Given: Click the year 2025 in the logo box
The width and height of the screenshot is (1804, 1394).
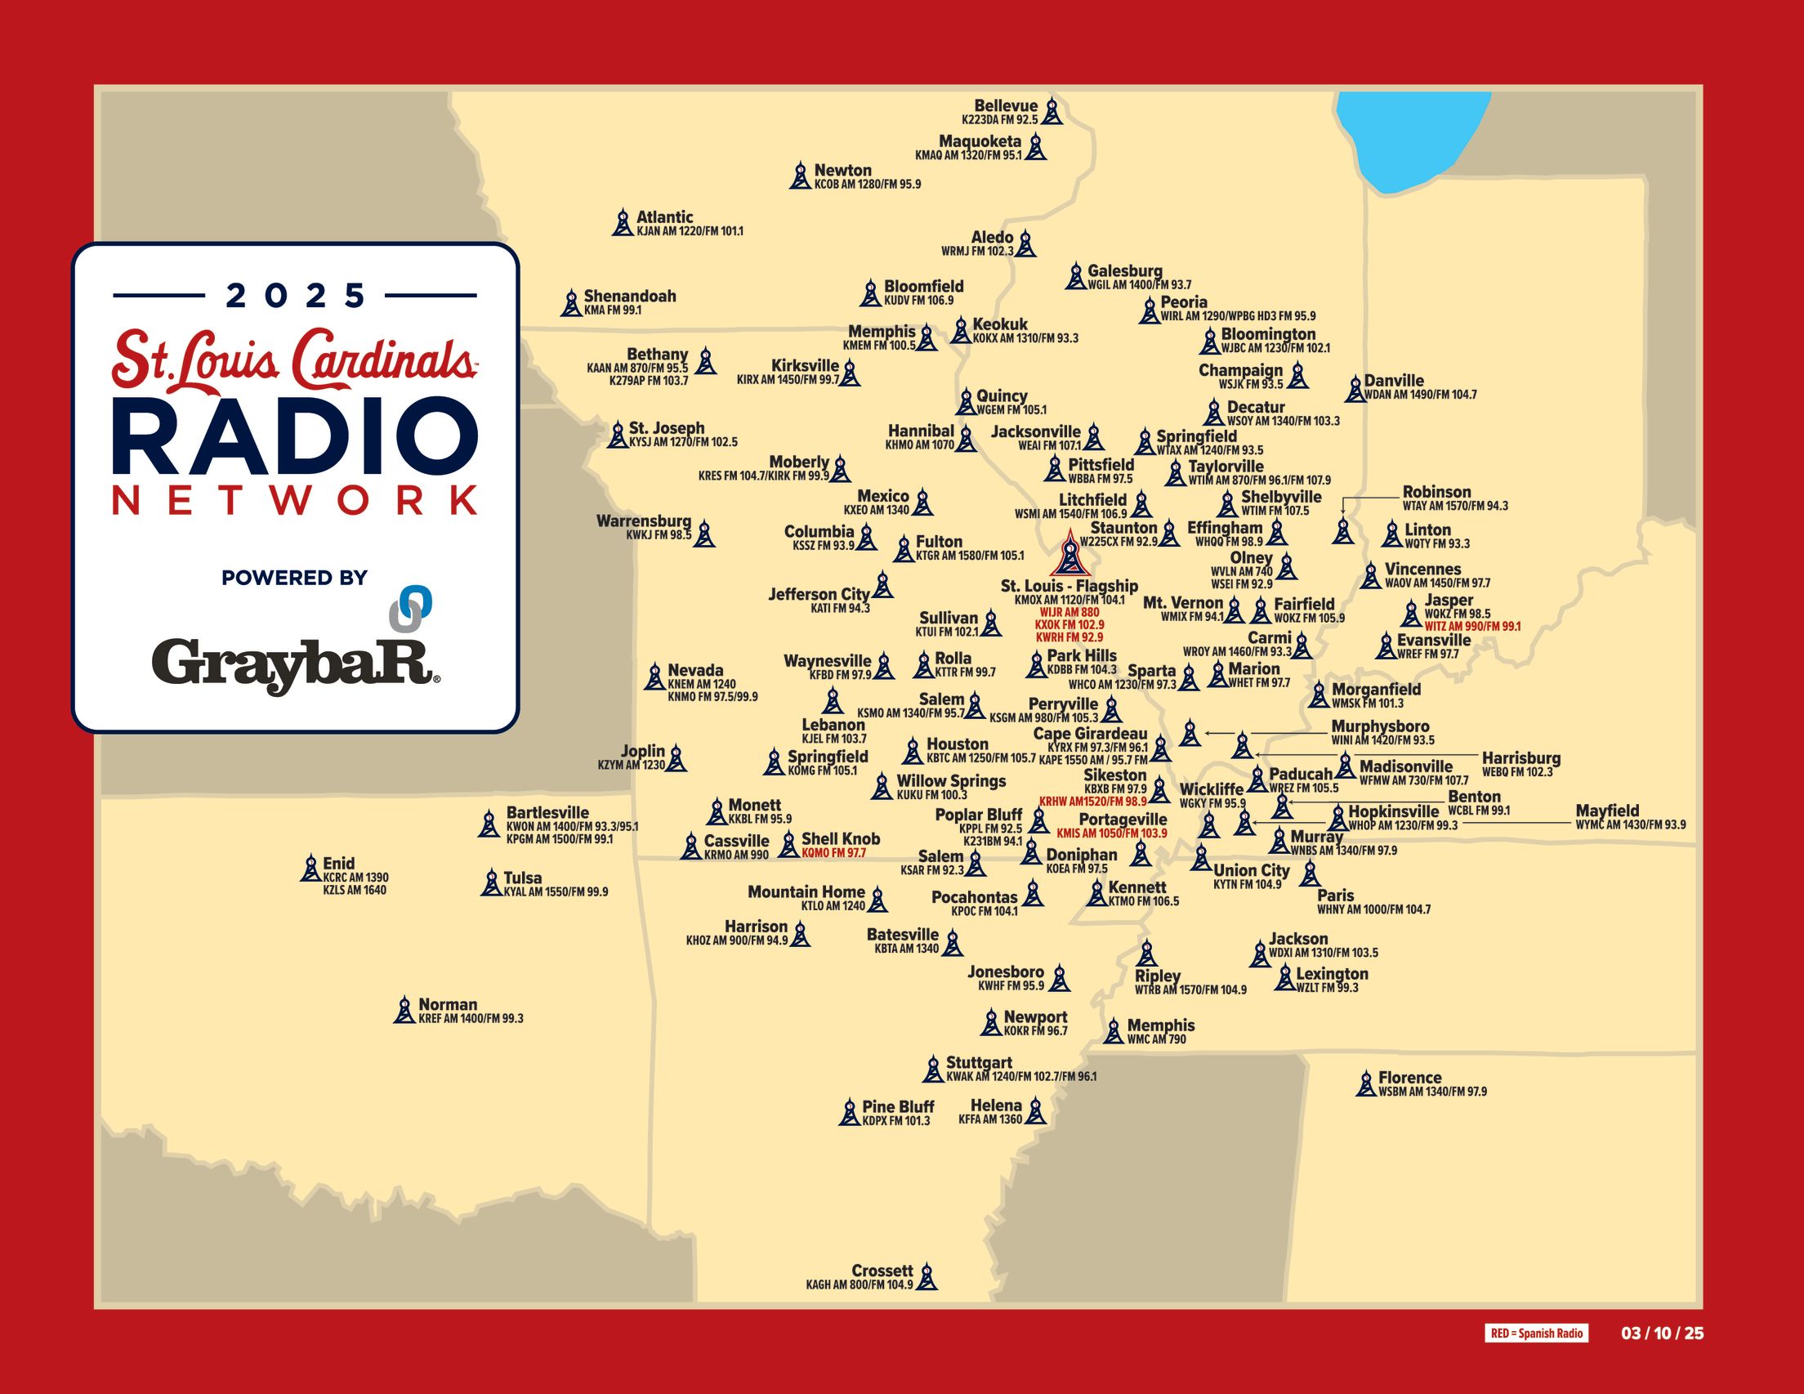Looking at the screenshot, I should point(295,295).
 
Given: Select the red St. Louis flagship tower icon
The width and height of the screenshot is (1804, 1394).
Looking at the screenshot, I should point(1069,554).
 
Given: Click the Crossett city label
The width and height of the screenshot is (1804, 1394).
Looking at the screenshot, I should point(882,1271).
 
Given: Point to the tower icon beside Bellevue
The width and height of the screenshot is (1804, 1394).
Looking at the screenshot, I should point(1052,111).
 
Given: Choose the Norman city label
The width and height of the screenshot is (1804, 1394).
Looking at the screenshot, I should point(448,1005).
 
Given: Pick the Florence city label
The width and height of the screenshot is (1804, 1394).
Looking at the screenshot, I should point(1409,1078).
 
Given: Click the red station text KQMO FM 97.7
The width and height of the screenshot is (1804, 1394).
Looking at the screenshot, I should point(833,853).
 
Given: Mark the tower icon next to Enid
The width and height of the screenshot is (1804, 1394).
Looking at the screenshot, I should point(310,869).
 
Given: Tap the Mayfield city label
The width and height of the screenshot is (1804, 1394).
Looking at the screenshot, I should point(1606,811).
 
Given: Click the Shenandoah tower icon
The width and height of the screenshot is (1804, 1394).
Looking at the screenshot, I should point(571,303).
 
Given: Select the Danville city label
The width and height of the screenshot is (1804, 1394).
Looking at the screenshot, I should point(1394,381).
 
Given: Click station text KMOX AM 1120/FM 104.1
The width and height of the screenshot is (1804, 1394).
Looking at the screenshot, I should point(1069,600).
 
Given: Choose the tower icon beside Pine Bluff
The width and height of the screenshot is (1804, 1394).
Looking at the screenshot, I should point(849,1112).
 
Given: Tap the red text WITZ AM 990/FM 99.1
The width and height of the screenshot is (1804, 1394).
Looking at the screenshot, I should point(1472,628).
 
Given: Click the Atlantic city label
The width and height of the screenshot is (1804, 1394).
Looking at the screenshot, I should point(664,217).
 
